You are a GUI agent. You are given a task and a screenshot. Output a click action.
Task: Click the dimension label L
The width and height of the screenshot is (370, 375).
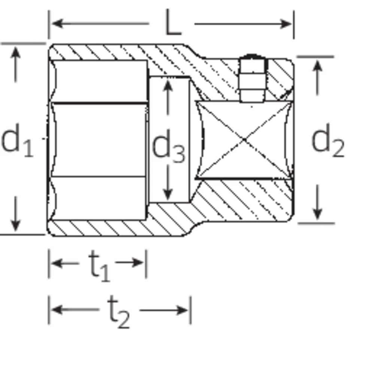(x=173, y=24)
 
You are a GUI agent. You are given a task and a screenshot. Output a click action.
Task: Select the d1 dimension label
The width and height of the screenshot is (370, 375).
(x=17, y=142)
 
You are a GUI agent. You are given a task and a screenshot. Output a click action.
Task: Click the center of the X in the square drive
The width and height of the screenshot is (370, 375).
(x=244, y=140)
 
